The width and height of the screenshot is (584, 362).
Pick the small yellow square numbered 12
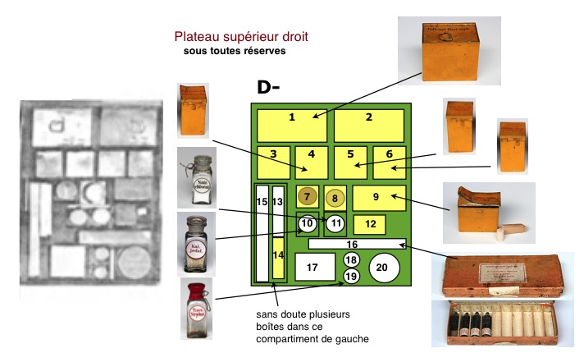[370, 223]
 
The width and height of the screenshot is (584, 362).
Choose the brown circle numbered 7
[307, 197]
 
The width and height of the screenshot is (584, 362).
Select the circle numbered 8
[335, 198]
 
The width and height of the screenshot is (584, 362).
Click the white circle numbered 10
[307, 222]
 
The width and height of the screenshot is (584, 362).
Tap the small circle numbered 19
[351, 276]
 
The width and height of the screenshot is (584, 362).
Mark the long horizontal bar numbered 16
[357, 244]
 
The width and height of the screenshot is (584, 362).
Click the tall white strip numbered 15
[262, 234]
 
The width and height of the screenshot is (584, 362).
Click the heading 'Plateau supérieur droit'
[241, 38]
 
